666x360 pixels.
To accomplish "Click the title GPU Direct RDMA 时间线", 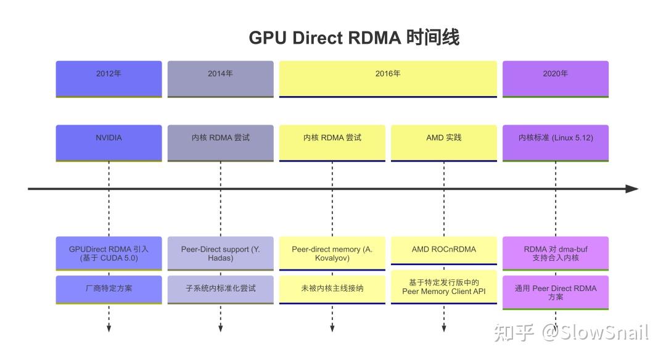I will coord(354,38).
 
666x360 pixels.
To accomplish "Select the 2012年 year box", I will coord(109,78).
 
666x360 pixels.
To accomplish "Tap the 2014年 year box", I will coord(220,78).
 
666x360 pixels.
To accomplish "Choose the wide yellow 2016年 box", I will coord(388,78).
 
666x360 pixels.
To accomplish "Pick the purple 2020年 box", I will coord(556,78).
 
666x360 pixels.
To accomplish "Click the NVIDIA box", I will coord(109,143).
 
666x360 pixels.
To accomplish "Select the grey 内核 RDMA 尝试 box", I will coord(220,143).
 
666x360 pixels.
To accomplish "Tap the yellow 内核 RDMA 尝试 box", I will coord(332,143).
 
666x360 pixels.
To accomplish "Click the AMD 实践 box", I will coord(444,143).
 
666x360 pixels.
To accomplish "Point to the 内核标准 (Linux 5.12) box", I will coord(556,143).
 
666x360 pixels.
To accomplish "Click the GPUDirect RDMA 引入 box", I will coord(109,253).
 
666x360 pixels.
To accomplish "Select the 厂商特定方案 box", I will coord(109,288).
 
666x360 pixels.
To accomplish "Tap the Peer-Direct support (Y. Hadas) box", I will coord(220,253).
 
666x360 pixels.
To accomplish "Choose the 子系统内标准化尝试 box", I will coord(220,288).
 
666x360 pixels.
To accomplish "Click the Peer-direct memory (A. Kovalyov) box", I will coord(332,253).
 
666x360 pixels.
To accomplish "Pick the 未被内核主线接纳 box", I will coord(332,288).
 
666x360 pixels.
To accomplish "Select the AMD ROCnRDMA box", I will coord(444,250).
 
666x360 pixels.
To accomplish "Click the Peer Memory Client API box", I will coord(444,287).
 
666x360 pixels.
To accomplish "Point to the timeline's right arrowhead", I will coord(631,189).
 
